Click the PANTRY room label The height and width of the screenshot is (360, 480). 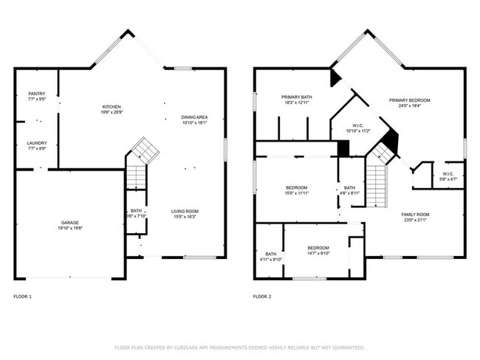37,94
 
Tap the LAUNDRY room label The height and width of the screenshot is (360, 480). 37,143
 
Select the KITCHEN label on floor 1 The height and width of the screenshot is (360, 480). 112,107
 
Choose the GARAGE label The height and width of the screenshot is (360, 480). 70,222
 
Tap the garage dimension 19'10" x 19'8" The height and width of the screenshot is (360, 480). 70,228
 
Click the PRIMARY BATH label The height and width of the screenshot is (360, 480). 296,97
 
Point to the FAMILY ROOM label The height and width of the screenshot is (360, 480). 415,215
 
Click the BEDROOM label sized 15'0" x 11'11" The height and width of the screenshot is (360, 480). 296,187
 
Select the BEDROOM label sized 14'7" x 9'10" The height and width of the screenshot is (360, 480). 318,247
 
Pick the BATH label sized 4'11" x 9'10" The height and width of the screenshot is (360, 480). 271,254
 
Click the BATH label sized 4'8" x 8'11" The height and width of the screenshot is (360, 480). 349,187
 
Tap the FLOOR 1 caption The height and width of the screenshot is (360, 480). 23,297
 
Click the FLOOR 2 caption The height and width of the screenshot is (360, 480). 262,297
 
